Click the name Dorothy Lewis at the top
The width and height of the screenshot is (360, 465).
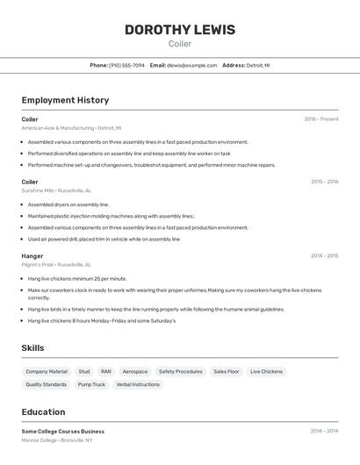click(x=180, y=30)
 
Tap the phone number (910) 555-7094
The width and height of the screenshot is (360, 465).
click(x=126, y=65)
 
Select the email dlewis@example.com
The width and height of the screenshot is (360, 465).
click(x=191, y=65)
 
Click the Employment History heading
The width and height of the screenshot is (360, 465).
click(x=65, y=100)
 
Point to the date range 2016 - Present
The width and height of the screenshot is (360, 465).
click(x=320, y=119)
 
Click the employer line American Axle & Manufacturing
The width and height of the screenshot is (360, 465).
click(x=71, y=127)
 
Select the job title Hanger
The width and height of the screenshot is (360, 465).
click(x=32, y=256)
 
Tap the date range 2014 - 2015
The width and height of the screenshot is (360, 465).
click(x=324, y=256)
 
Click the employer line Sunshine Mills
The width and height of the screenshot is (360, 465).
click(x=56, y=190)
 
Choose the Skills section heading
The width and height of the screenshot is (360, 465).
click(x=32, y=348)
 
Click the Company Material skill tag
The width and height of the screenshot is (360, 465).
click(x=47, y=372)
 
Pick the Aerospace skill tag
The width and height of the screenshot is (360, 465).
click(x=135, y=372)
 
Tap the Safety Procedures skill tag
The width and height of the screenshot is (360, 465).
click(x=180, y=372)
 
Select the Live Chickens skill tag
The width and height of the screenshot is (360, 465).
click(x=266, y=372)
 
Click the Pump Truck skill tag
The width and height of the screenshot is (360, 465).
click(x=91, y=384)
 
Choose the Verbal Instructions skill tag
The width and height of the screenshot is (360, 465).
click(x=138, y=384)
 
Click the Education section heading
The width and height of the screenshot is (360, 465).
click(x=43, y=411)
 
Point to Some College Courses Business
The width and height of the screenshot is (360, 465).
click(x=63, y=432)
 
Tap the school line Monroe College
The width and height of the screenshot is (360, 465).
click(x=57, y=440)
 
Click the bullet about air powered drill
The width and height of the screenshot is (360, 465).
click(x=104, y=239)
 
